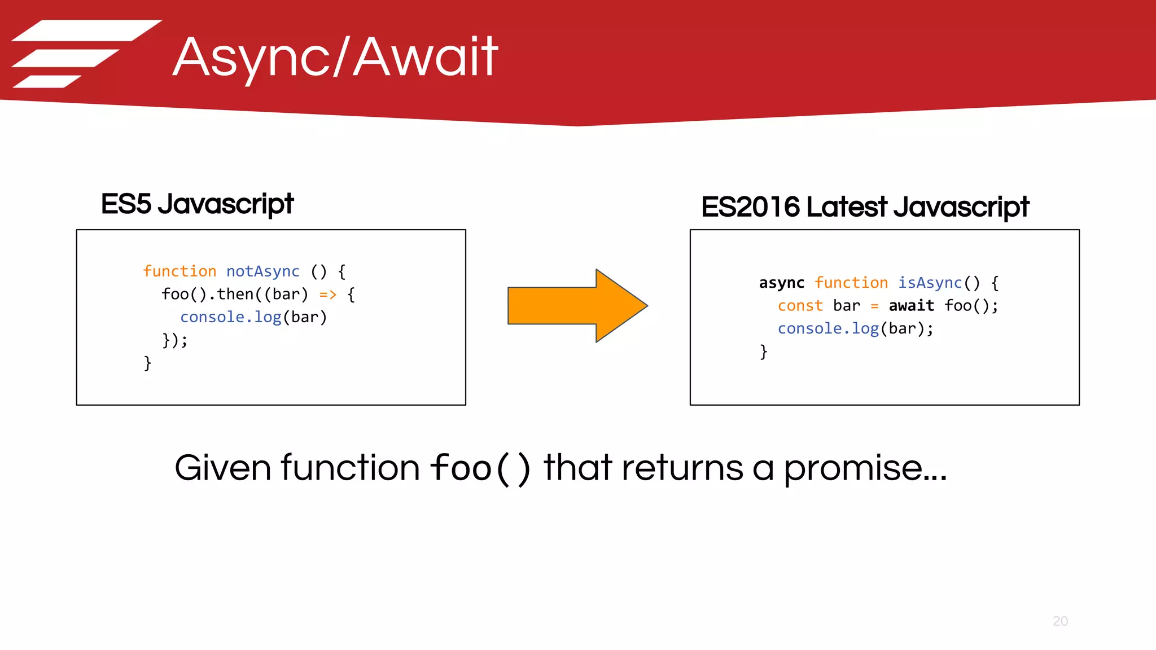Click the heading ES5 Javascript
coord(197,204)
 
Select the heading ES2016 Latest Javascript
coord(865,207)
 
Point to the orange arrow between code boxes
coord(576,305)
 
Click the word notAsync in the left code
coord(262,271)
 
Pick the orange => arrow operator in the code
coord(328,295)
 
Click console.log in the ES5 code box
coord(230,317)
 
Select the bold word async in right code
coord(781,283)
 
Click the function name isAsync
coord(930,283)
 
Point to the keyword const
coord(800,306)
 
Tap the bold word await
coord(911,306)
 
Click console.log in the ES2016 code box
coord(828,328)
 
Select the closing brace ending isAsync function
coord(763,352)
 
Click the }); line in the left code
coord(174,340)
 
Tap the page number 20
coord(1060,621)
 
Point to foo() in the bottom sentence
coord(480,468)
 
